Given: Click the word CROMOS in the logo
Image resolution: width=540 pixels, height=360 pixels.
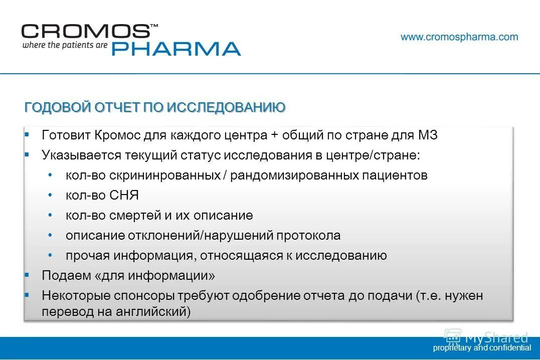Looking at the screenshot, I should point(85,31).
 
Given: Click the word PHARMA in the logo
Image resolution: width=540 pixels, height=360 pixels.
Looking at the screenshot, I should point(175,49).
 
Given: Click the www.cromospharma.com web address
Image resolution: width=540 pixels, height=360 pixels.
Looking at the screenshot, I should point(459,37).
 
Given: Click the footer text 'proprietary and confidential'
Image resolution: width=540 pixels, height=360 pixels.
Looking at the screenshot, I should point(482,347).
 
